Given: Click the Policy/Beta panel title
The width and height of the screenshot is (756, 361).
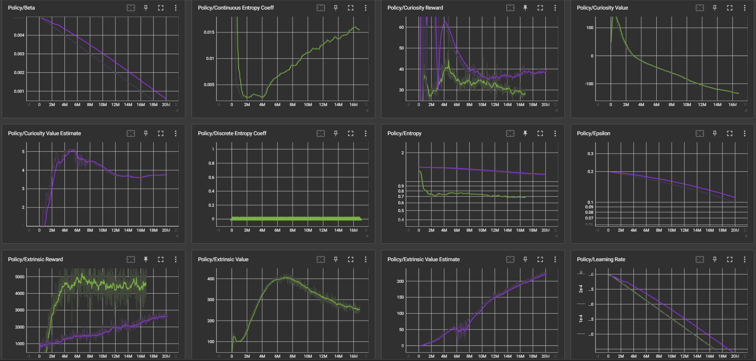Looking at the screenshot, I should click(x=21, y=8).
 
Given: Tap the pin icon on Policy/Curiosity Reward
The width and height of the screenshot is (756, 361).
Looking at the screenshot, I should click(x=525, y=8).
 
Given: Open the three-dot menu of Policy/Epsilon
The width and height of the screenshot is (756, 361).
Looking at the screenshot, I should click(x=744, y=134).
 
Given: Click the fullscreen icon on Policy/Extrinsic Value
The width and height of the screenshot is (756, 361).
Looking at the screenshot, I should click(x=351, y=260).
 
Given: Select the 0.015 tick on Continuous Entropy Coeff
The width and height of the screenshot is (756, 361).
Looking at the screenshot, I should click(x=209, y=32).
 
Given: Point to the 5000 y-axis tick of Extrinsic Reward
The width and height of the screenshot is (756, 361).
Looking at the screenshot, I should click(x=20, y=277).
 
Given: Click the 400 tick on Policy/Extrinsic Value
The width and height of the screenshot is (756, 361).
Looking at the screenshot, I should click(x=211, y=279).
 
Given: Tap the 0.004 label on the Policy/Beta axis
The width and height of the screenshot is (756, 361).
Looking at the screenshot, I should click(x=19, y=35).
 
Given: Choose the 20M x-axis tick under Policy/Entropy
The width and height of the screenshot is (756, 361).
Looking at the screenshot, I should click(x=545, y=230).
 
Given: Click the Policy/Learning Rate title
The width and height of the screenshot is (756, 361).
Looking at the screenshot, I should click(x=601, y=260).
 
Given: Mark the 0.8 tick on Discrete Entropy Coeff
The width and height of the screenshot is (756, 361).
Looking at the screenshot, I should click(x=212, y=163).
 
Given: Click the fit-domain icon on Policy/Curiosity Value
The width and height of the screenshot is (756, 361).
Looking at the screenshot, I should click(x=700, y=8).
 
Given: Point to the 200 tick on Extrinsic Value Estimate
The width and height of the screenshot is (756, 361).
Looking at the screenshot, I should click(x=400, y=282).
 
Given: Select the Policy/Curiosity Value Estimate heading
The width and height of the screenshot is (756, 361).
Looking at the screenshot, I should click(x=44, y=134).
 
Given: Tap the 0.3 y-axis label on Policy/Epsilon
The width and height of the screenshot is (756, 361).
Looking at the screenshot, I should click(x=590, y=154).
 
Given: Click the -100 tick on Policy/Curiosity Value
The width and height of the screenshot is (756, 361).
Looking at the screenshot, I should click(x=589, y=84).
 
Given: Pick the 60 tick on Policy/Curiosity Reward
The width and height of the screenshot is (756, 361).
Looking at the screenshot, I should click(x=401, y=27).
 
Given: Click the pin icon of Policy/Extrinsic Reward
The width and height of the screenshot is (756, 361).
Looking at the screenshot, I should click(x=146, y=260).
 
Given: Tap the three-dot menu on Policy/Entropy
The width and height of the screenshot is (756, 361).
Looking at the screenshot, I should click(x=555, y=134).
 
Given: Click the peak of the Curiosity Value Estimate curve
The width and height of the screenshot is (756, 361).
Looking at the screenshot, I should click(x=74, y=150).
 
